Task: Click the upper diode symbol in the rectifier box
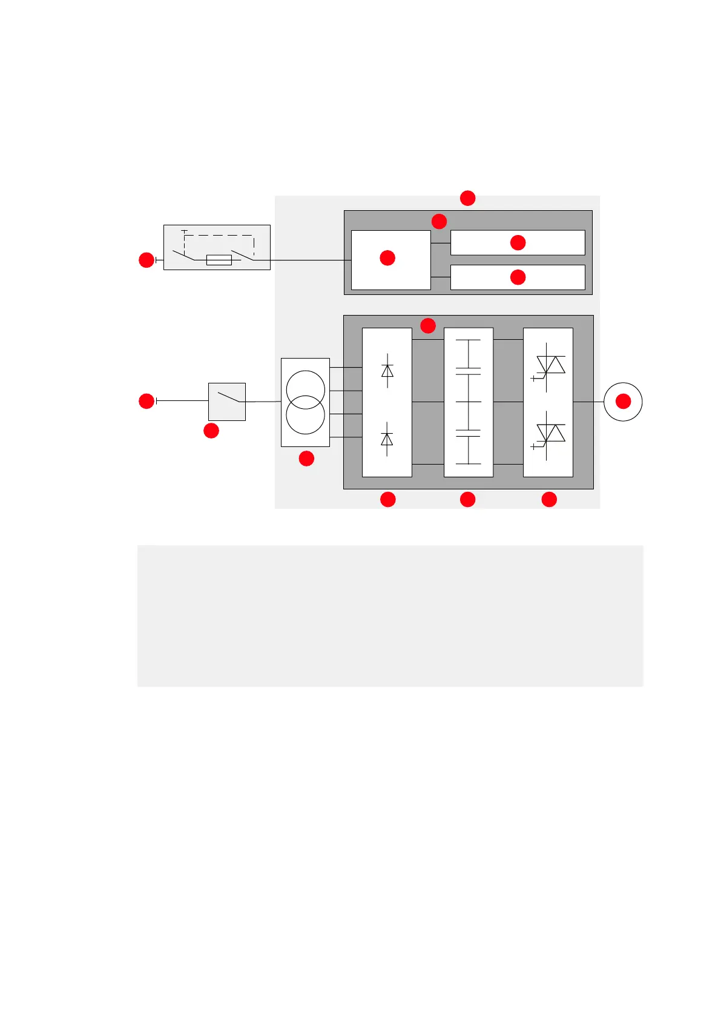click(387, 371)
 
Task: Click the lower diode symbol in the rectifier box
click(387, 439)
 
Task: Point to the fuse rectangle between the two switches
click(219, 260)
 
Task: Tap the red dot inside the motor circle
click(623, 401)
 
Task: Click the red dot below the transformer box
click(306, 459)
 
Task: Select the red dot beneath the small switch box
click(211, 431)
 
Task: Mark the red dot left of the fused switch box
click(147, 260)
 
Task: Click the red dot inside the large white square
click(387, 258)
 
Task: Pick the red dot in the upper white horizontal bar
click(518, 242)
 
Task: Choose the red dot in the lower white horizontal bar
click(518, 277)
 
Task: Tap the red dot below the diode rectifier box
click(387, 499)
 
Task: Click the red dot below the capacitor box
click(467, 499)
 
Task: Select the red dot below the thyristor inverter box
click(548, 499)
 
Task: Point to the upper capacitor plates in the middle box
click(468, 371)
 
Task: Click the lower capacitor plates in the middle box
click(468, 433)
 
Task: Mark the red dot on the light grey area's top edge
click(467, 198)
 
